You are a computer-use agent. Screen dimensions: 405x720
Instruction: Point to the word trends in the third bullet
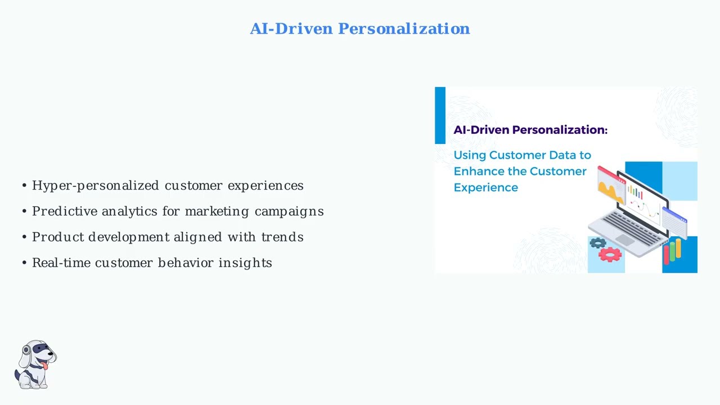282,237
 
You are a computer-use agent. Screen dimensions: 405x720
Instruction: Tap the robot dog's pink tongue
46,366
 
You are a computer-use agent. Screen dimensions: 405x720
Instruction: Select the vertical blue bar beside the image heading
440,115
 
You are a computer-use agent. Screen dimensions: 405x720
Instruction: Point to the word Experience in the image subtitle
485,187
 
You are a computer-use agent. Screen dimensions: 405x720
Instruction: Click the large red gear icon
610,255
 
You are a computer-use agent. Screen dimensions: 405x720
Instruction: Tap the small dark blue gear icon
597,243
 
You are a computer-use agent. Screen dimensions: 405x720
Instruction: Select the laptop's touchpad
624,240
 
